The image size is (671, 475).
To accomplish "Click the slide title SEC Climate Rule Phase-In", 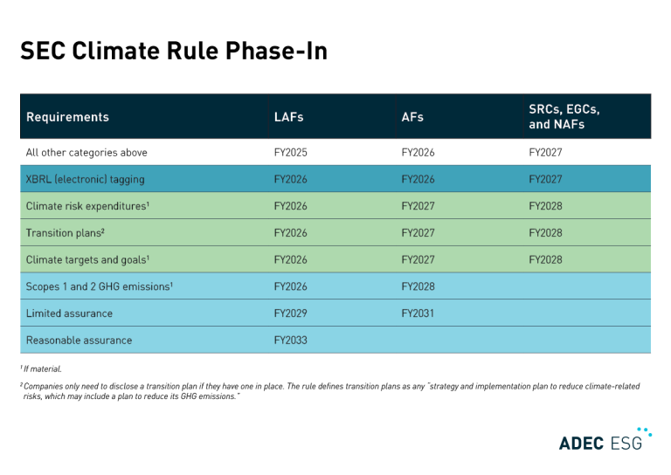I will (173, 52).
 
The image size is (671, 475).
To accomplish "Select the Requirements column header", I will (67, 117).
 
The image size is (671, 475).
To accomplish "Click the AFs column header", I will (412, 117).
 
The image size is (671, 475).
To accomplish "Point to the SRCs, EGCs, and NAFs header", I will (564, 117).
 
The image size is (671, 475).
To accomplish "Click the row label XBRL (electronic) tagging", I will (86, 179).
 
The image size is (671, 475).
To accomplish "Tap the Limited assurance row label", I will (69, 313).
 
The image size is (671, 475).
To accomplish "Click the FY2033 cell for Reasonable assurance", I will (291, 340).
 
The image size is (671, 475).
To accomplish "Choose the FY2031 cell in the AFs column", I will (418, 313).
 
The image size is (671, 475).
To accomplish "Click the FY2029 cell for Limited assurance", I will (291, 313).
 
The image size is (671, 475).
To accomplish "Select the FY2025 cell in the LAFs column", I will (291, 153).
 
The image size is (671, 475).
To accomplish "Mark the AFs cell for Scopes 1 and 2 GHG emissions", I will (418, 286).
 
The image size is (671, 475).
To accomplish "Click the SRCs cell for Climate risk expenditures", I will (545, 206).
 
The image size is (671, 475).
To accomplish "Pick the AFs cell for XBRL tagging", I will (418, 179).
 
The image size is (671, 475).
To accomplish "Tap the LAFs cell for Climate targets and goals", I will (291, 259).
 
